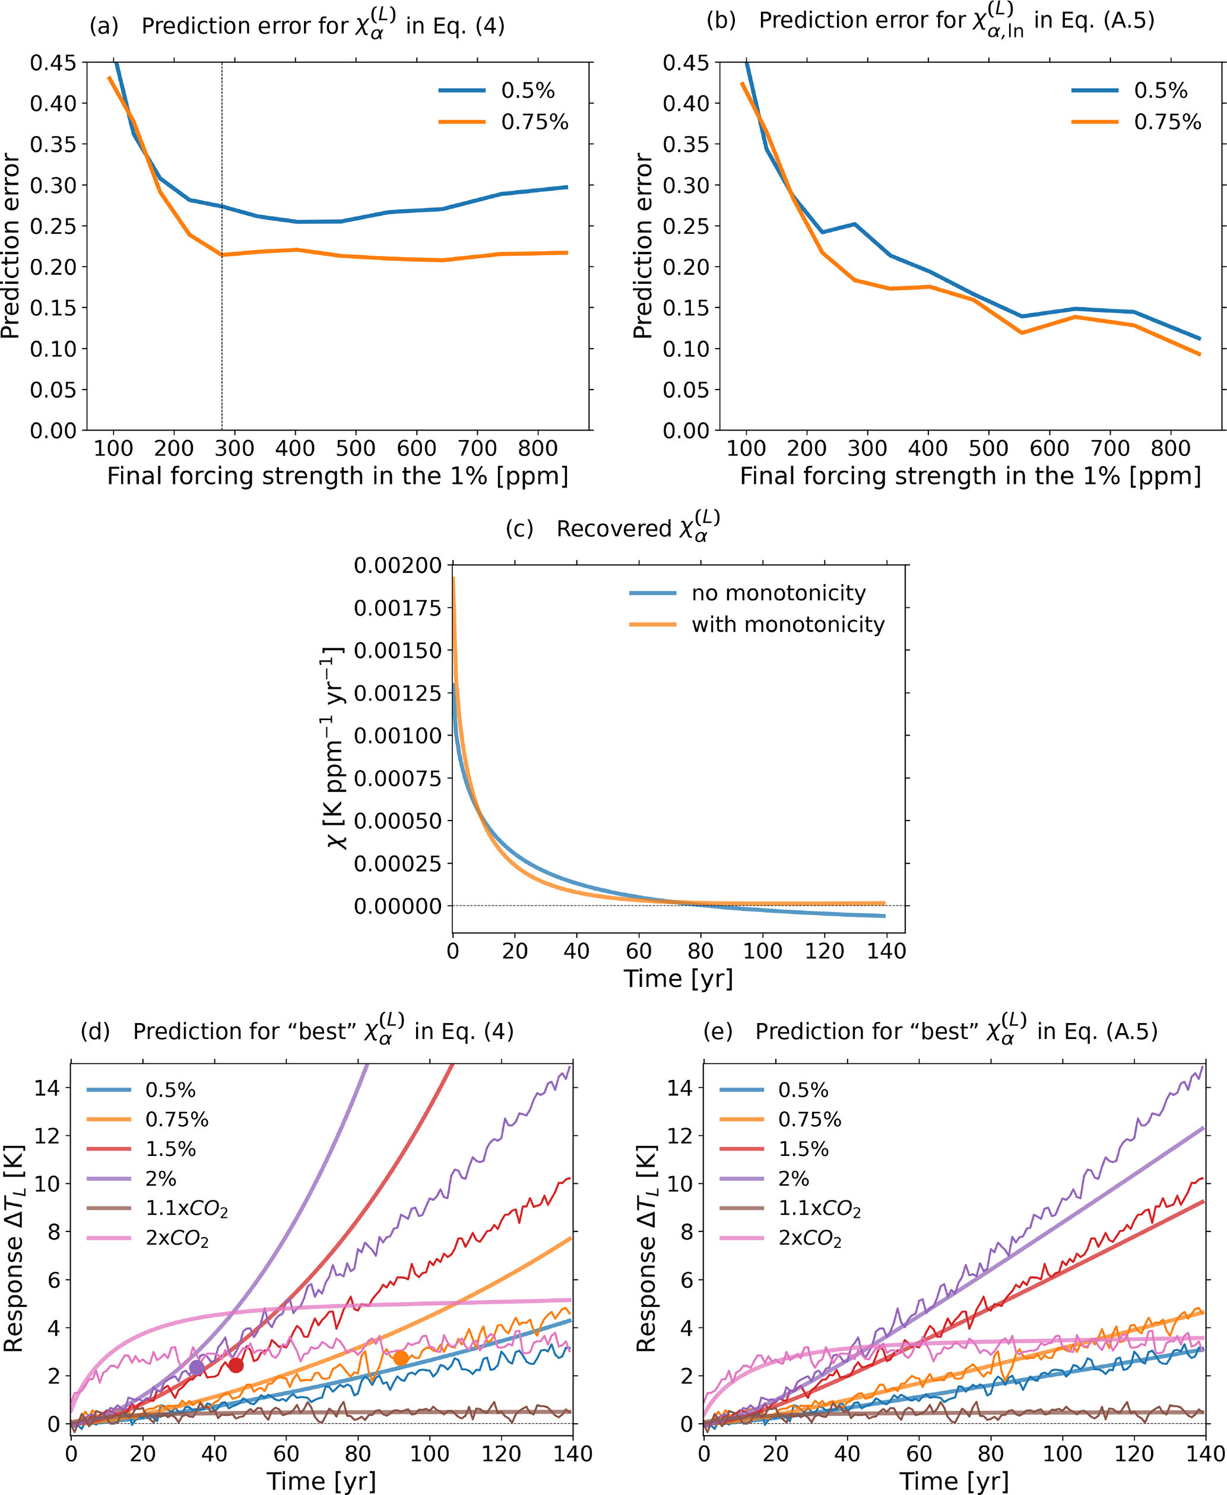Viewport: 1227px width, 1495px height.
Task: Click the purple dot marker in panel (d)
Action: (x=196, y=1367)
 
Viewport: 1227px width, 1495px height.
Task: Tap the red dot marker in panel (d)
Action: (x=236, y=1365)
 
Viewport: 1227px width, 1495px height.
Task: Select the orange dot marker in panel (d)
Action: (x=401, y=1358)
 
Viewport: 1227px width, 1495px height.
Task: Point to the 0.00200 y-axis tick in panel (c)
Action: (x=398, y=565)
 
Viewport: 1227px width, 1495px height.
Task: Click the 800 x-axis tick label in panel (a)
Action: (x=538, y=448)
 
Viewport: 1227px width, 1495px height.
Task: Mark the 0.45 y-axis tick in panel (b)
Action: (x=686, y=63)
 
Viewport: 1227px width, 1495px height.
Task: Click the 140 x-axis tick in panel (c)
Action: (x=886, y=951)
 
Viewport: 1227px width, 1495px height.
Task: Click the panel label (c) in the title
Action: (x=519, y=530)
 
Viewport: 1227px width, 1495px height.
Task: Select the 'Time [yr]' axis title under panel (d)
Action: (x=322, y=1481)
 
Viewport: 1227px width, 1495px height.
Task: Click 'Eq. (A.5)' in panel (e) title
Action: (x=1097, y=1031)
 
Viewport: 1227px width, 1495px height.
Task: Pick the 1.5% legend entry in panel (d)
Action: (x=170, y=1149)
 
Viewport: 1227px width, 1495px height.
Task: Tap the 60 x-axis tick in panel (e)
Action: (x=919, y=1454)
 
